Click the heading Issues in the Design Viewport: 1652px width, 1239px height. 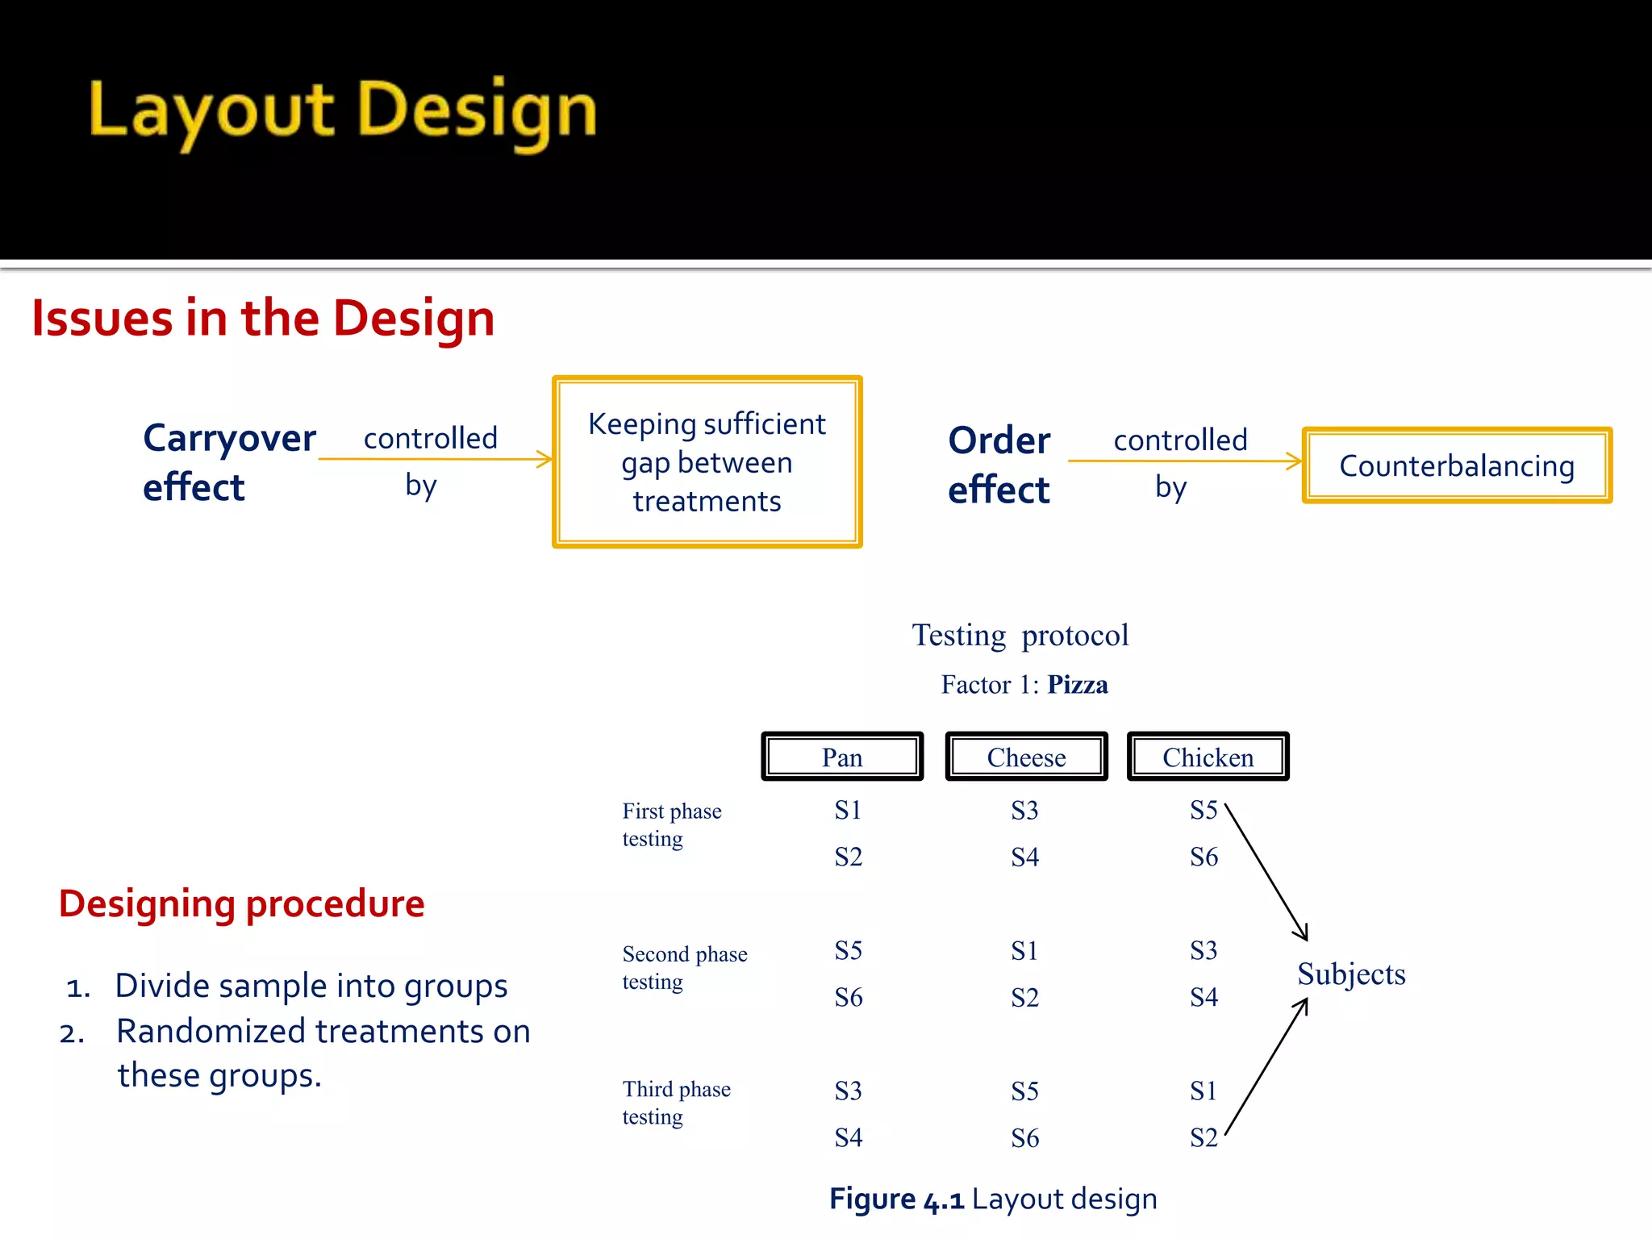263,318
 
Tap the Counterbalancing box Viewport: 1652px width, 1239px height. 1457,465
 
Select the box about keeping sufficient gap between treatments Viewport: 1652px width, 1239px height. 707,462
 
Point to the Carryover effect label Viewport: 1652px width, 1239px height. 228,462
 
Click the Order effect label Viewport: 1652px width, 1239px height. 999,465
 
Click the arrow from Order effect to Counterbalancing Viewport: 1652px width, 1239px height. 1184,461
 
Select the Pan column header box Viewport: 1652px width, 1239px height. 842,757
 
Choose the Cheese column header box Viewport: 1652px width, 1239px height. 1026,757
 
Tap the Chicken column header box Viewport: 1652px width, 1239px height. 1208,757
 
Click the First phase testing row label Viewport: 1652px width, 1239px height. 671,824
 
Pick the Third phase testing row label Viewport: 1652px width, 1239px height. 676,1103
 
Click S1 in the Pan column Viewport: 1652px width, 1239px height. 848,810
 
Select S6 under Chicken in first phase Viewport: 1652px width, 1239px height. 1204,857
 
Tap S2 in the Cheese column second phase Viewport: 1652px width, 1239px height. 1024,998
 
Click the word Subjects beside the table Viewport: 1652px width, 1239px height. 1351,974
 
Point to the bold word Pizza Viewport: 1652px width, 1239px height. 1077,685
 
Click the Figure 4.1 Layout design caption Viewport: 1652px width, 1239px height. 993,1199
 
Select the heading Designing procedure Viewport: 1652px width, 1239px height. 241,903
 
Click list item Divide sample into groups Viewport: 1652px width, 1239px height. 311,986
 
